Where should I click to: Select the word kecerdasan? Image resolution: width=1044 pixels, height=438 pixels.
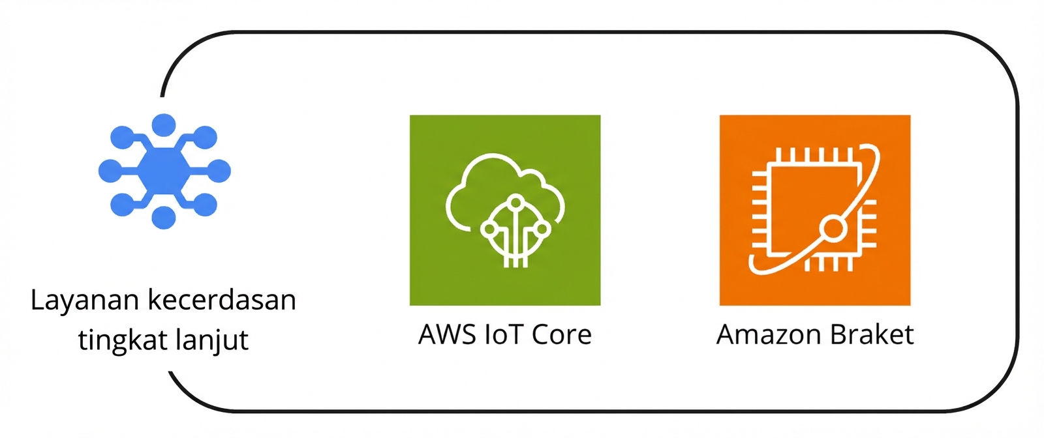coord(222,300)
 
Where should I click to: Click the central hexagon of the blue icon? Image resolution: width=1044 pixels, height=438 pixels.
coord(164,171)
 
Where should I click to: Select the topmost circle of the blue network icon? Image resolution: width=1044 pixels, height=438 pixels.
coord(164,124)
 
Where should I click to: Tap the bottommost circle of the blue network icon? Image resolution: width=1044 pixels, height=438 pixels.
coord(164,218)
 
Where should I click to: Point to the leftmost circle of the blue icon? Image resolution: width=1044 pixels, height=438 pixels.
coord(110,171)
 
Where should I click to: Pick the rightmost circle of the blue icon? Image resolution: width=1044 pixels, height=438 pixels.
coord(219,171)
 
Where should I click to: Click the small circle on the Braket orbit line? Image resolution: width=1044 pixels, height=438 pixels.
coord(833,229)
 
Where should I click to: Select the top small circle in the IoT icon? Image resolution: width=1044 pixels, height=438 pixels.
coord(515,201)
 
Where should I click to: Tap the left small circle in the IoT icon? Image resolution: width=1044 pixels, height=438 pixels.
coord(489,229)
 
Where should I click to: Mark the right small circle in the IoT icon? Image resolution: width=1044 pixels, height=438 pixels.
coord(542,229)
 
